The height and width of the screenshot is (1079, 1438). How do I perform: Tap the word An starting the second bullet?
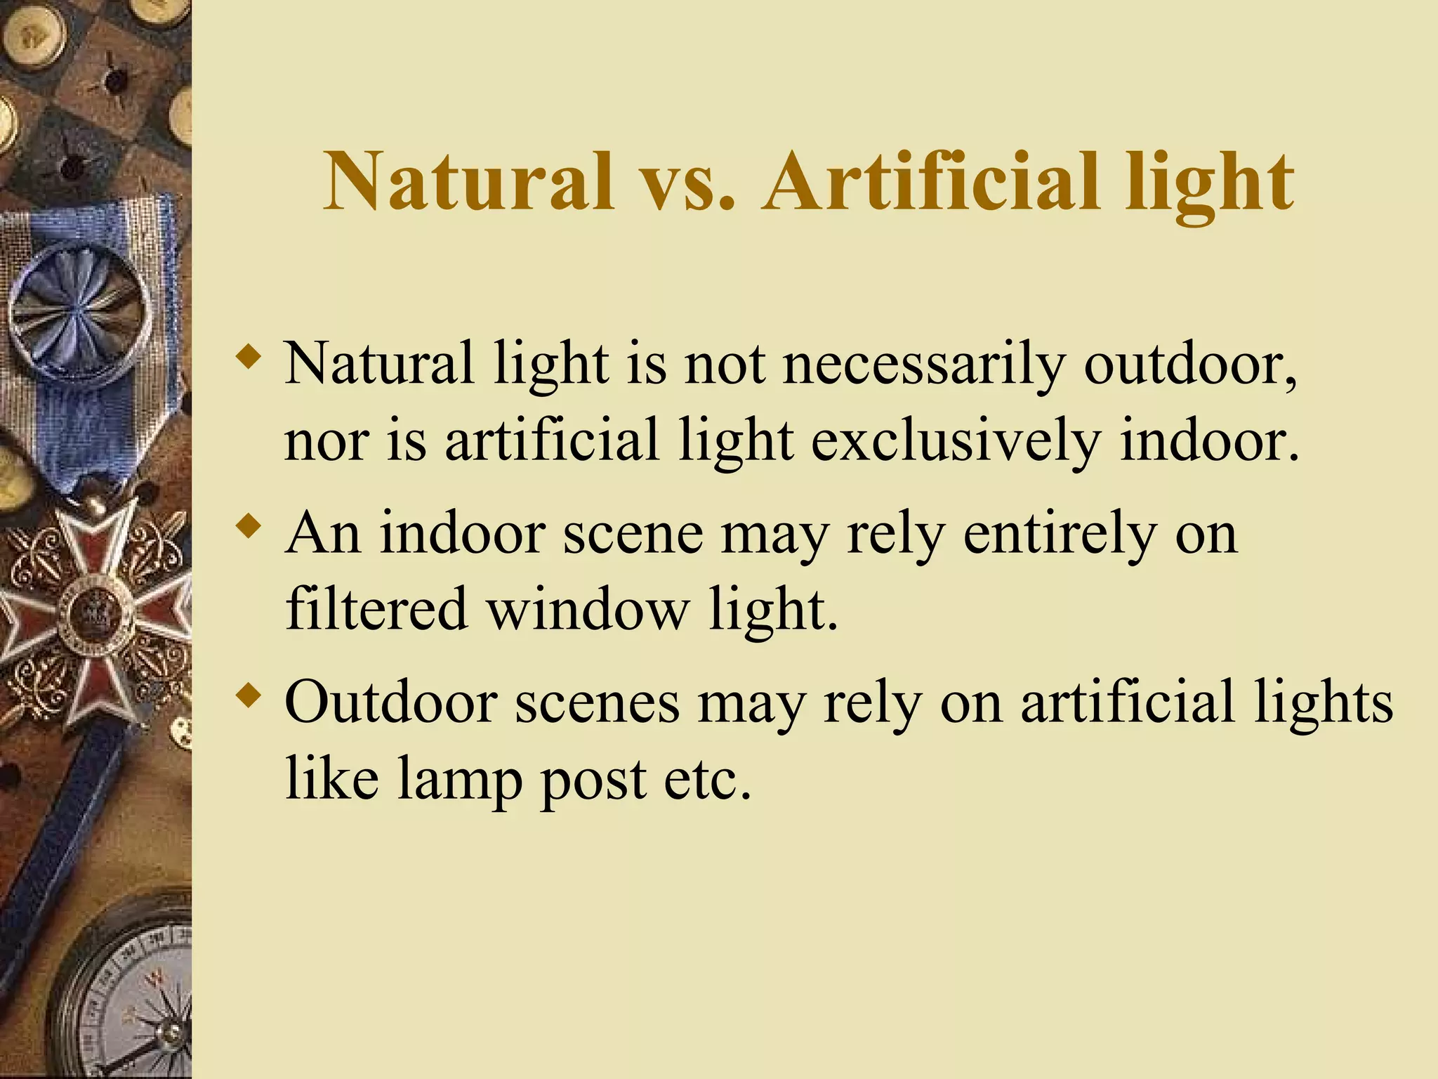322,534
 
